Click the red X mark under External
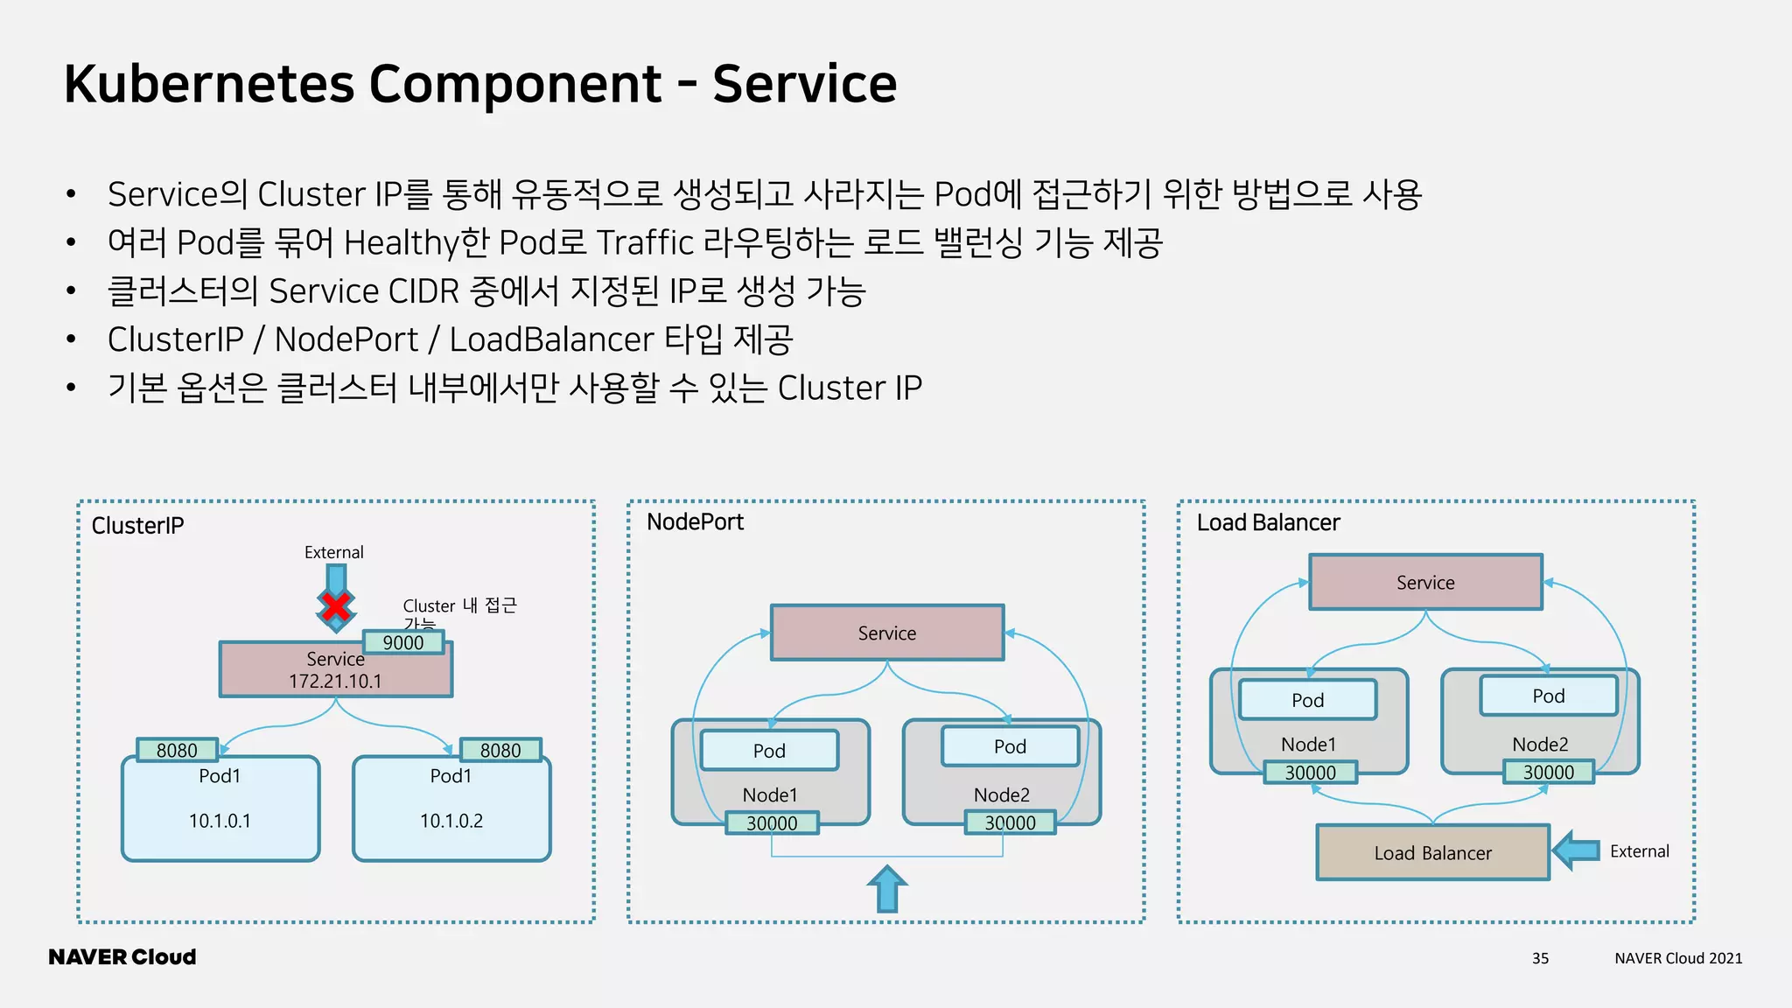336,607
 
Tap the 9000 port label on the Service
403,642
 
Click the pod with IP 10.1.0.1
220,809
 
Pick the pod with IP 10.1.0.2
451,809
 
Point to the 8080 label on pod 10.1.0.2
500,750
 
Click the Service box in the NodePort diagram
887,633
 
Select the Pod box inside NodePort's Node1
769,750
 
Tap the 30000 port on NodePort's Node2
1010,822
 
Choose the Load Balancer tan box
1432,852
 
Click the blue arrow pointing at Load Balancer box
1577,850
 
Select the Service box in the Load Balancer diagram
1425,582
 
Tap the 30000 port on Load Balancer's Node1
1310,772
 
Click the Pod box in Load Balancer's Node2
1548,696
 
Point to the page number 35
1540,958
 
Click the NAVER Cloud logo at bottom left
122,957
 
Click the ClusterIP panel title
137,525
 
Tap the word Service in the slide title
804,84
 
